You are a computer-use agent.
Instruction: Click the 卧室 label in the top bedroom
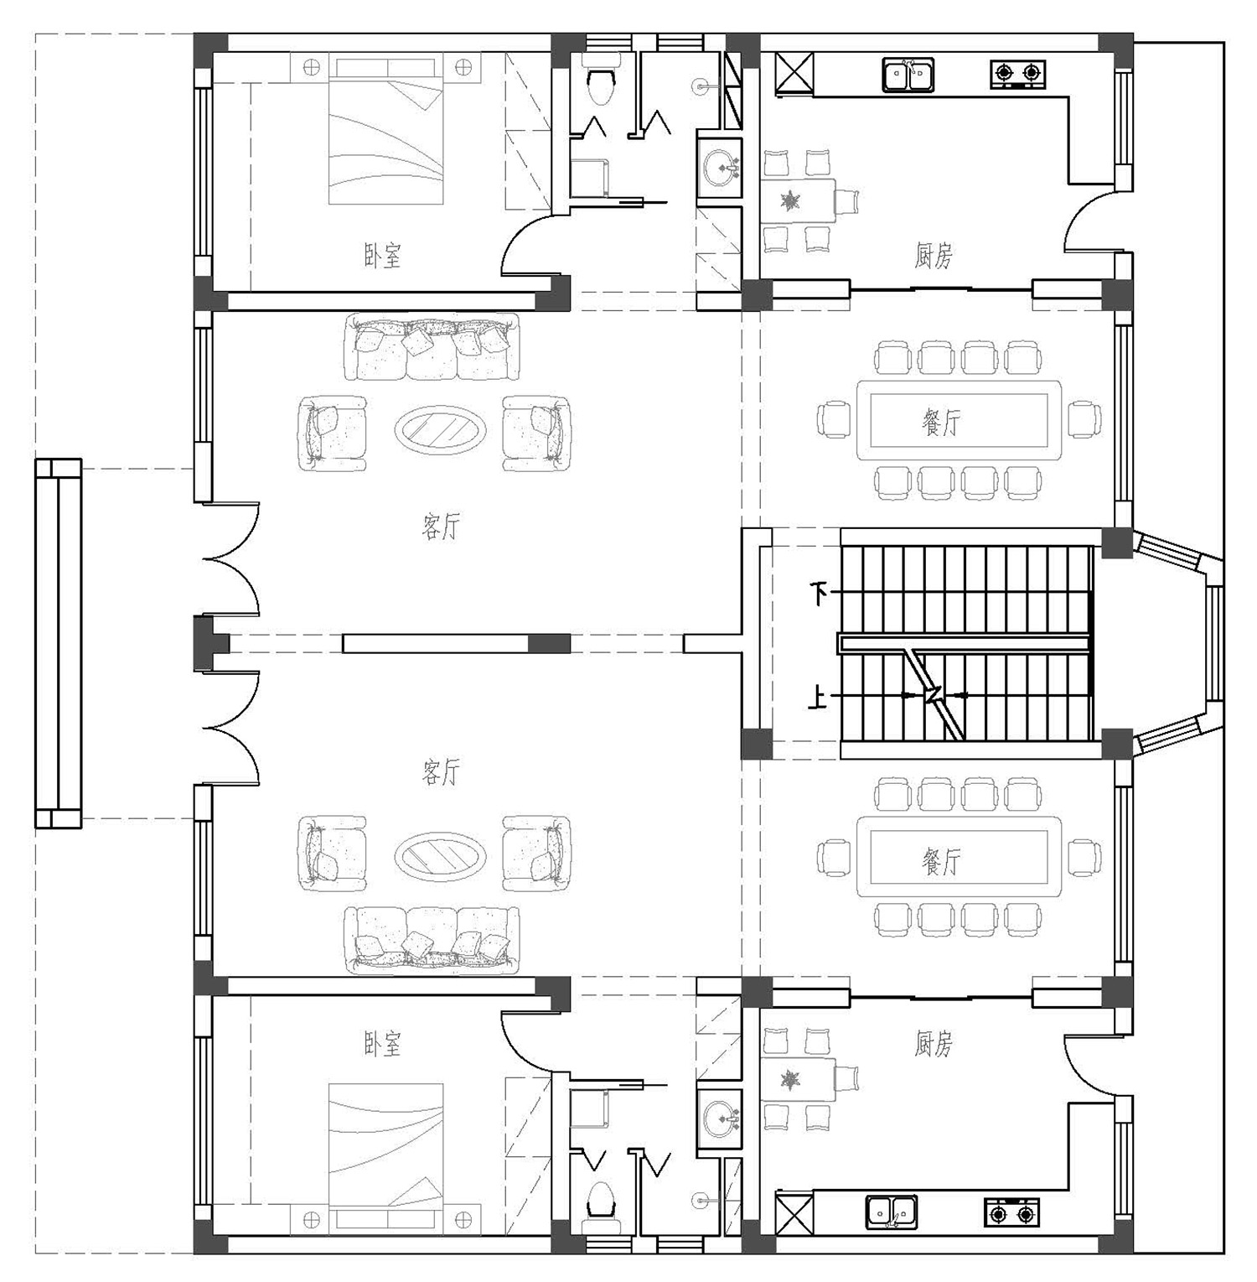point(383,256)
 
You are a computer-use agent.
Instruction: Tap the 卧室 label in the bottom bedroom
point(383,1044)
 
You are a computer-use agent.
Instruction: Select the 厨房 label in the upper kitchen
point(933,256)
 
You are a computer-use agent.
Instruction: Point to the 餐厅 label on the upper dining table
point(940,423)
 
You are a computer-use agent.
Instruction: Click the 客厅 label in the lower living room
point(441,772)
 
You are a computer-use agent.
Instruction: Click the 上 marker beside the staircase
point(817,696)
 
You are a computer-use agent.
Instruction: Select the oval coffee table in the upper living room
point(441,431)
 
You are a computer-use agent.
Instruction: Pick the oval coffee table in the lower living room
point(441,856)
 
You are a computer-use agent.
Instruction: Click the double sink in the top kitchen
point(908,75)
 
